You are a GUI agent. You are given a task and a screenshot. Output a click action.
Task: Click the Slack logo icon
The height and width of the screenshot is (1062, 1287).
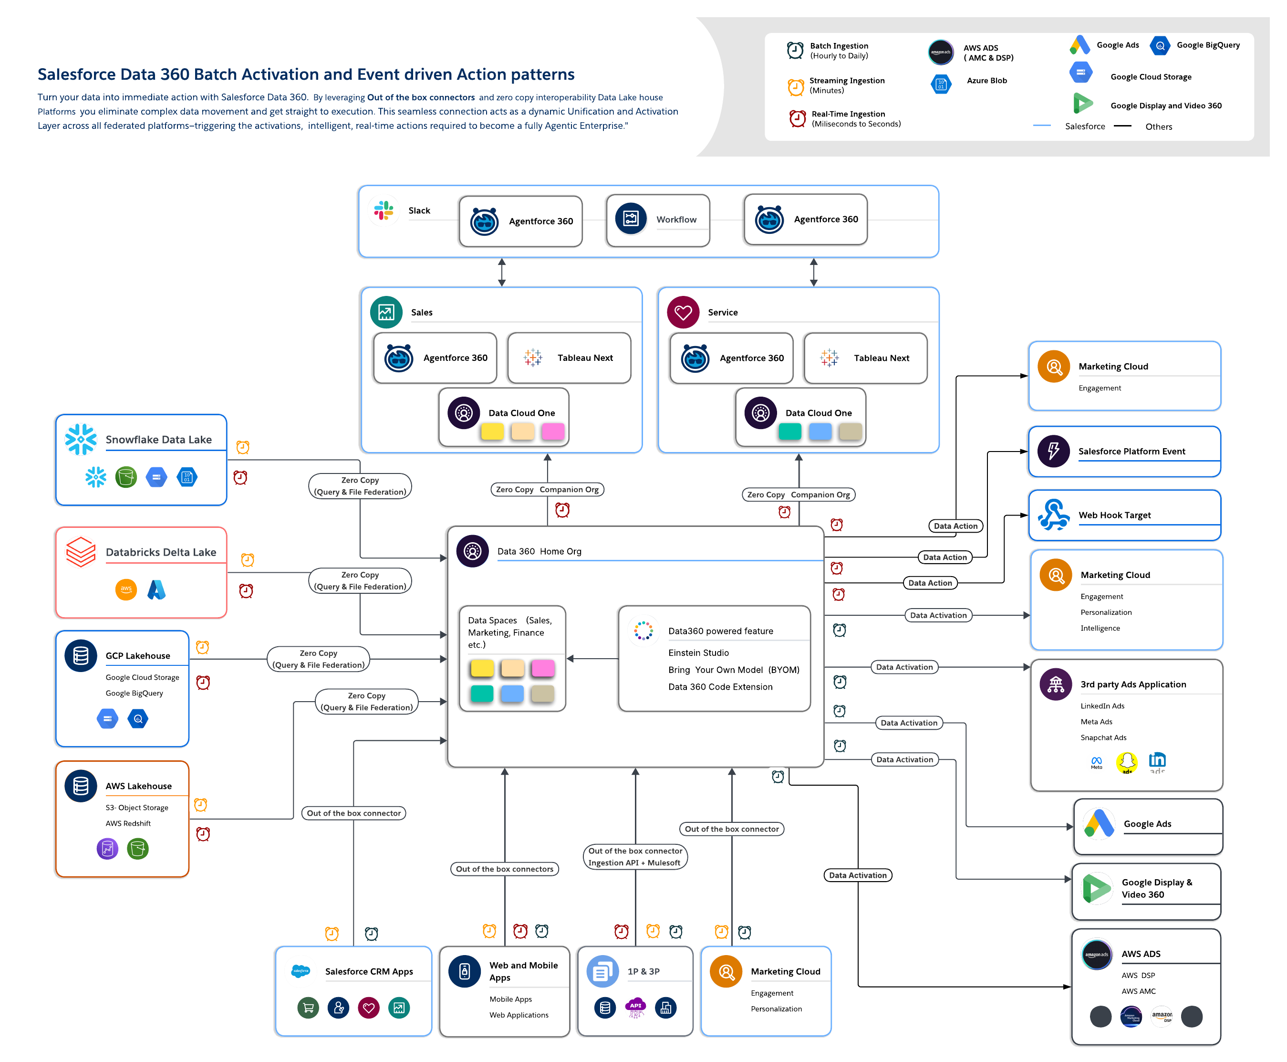[x=384, y=210]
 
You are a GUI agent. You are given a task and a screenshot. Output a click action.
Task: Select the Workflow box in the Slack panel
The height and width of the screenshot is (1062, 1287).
[x=658, y=220]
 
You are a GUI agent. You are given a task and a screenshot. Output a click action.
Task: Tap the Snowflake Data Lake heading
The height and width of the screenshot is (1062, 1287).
[x=158, y=439]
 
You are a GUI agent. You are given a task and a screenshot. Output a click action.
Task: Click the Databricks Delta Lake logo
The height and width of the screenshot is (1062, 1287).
[x=81, y=552]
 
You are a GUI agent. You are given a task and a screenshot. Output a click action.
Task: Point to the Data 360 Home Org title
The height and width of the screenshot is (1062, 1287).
[x=539, y=551]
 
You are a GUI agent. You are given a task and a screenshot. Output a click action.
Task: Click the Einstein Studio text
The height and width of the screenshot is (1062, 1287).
[x=698, y=653]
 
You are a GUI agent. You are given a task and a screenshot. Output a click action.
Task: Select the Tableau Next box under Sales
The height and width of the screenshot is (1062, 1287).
[x=569, y=358]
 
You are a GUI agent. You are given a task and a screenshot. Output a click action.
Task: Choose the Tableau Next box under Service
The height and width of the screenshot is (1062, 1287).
[x=865, y=358]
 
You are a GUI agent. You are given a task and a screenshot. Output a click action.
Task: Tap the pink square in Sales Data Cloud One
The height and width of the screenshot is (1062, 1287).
[x=553, y=431]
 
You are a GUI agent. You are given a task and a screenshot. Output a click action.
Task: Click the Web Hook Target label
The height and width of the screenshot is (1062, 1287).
[x=1114, y=515]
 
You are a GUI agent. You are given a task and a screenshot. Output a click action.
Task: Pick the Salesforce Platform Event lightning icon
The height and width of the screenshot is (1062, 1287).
[x=1053, y=451]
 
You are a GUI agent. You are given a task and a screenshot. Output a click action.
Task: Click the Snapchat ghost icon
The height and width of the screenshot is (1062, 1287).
[x=1127, y=762]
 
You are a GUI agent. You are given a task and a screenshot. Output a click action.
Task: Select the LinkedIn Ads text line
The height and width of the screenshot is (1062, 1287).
[x=1102, y=706]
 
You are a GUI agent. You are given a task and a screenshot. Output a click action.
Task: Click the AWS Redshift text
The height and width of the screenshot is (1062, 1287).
[x=128, y=823]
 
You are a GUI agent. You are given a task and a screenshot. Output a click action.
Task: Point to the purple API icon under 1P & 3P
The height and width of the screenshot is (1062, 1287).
[x=636, y=1008]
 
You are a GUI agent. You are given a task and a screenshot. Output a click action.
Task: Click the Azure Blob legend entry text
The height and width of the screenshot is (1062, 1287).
[x=986, y=81]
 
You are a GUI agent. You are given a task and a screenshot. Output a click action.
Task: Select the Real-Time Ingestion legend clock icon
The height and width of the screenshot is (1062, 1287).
[x=797, y=118]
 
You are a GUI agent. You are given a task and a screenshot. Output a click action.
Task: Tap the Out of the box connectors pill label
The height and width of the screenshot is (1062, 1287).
[x=504, y=869]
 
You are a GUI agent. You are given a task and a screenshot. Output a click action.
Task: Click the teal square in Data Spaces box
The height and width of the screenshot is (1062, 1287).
[x=482, y=693]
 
